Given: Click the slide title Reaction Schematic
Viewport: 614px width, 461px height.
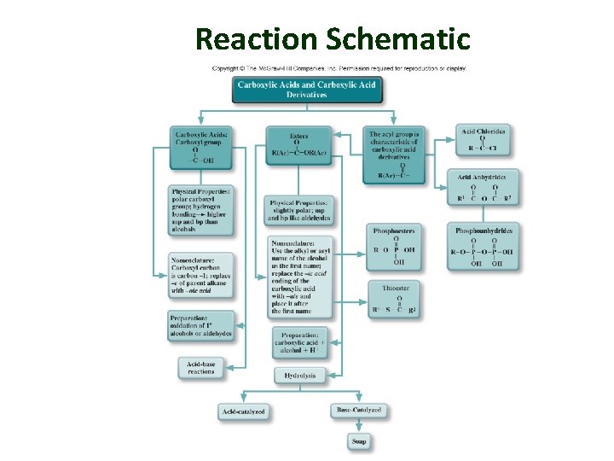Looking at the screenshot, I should [x=333, y=38].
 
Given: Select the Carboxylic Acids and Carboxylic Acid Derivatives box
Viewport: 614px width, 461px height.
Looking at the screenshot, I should [x=306, y=90].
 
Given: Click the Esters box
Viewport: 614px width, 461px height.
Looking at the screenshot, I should [x=298, y=146].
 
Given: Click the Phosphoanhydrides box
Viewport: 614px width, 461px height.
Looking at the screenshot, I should [x=484, y=247].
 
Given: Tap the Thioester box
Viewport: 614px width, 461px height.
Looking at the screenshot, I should [x=394, y=300].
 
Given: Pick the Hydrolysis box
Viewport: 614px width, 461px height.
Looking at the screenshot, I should [x=299, y=375].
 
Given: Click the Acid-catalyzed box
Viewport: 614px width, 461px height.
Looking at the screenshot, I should [x=244, y=411].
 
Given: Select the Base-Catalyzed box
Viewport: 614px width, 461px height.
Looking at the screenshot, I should [x=359, y=411].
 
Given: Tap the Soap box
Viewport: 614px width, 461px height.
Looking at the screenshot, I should [x=359, y=441].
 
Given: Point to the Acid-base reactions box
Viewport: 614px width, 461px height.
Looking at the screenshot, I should [x=201, y=367].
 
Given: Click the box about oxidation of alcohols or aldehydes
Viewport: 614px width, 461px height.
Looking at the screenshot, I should [x=201, y=325].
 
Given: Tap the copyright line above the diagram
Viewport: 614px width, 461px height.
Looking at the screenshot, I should [x=339, y=68].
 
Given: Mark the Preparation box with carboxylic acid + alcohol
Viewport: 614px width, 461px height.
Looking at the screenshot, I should [x=299, y=342].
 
